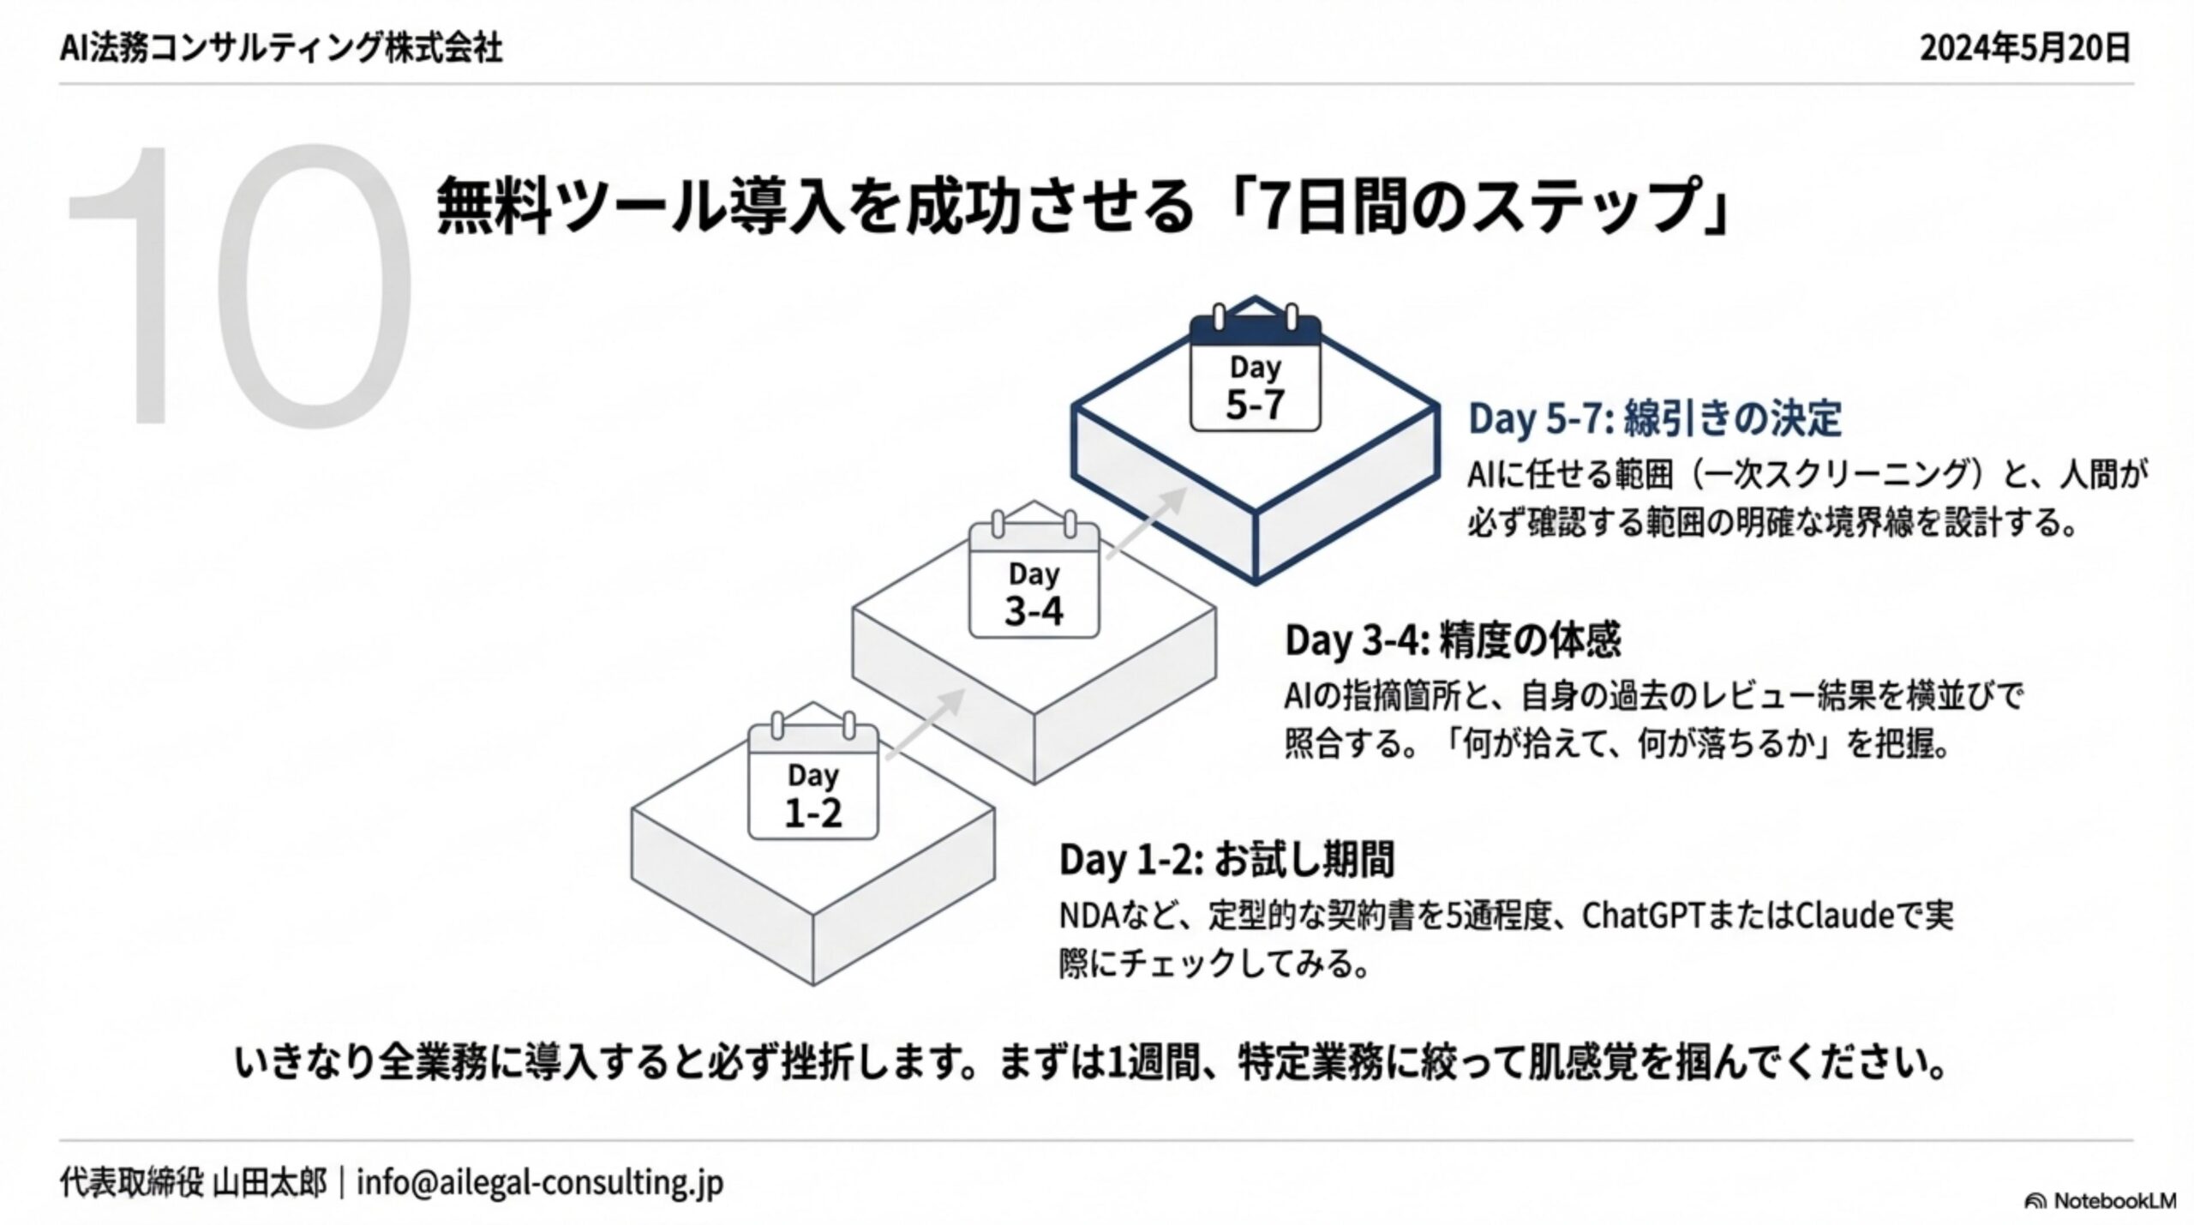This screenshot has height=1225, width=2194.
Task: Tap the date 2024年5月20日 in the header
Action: click(2024, 49)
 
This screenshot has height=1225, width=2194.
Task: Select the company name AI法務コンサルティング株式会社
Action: click(281, 49)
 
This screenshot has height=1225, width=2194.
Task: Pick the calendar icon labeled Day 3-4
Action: click(1034, 578)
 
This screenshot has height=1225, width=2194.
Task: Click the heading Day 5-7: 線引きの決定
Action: click(1654, 419)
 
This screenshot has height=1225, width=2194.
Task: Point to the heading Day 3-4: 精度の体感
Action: click(1453, 640)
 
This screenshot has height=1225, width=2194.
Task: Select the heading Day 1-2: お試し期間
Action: click(1226, 860)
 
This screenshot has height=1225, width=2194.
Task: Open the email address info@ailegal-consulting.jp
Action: click(540, 1183)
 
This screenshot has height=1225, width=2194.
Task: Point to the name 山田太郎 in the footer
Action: click(270, 1183)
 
